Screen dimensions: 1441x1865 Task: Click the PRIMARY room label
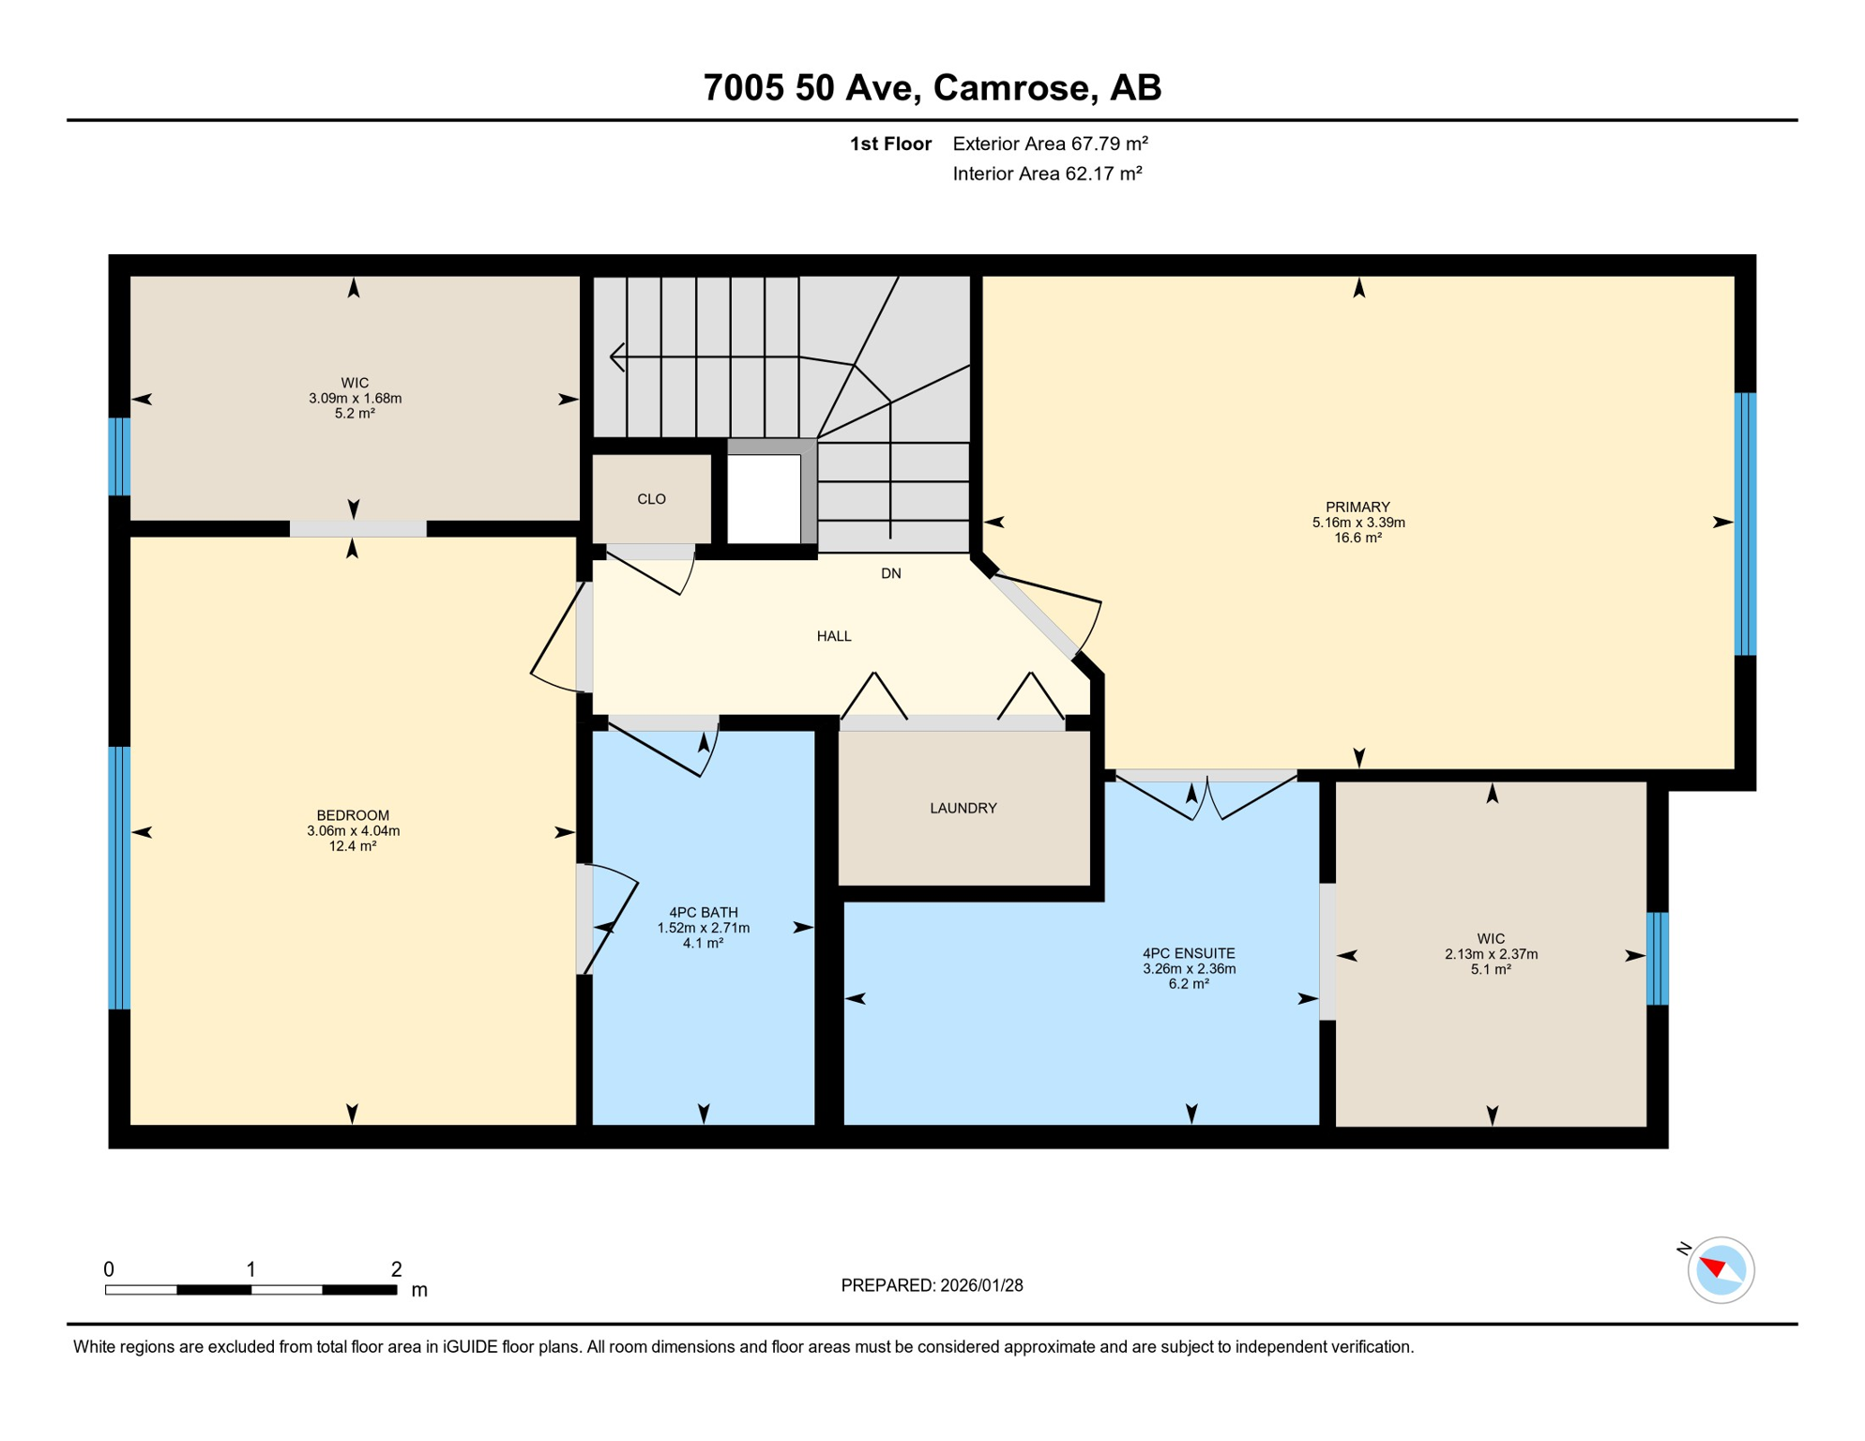click(x=1357, y=507)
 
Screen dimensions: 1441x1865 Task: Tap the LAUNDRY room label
click(x=963, y=808)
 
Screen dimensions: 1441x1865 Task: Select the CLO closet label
click(x=651, y=499)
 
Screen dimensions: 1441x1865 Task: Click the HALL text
click(x=833, y=636)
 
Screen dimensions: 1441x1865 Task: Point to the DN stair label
click(x=890, y=573)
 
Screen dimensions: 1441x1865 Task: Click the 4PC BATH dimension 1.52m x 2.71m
click(x=703, y=928)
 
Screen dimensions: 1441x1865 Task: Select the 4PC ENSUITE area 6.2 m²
click(x=1188, y=984)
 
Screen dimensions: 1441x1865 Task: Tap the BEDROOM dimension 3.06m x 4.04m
click(x=353, y=830)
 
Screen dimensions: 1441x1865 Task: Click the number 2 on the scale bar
click(x=396, y=1269)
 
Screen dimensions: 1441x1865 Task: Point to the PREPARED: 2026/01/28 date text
click(x=931, y=1285)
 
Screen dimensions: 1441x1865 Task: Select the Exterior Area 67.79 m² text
click(x=1050, y=144)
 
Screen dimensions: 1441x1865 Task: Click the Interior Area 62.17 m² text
click(x=1047, y=174)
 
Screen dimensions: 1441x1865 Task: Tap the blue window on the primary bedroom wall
click(x=1744, y=523)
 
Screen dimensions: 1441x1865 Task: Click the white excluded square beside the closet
click(x=764, y=498)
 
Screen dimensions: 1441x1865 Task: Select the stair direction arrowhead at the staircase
click(x=617, y=356)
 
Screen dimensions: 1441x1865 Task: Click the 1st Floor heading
click(x=889, y=144)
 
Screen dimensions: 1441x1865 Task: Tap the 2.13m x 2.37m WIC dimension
click(x=1491, y=954)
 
